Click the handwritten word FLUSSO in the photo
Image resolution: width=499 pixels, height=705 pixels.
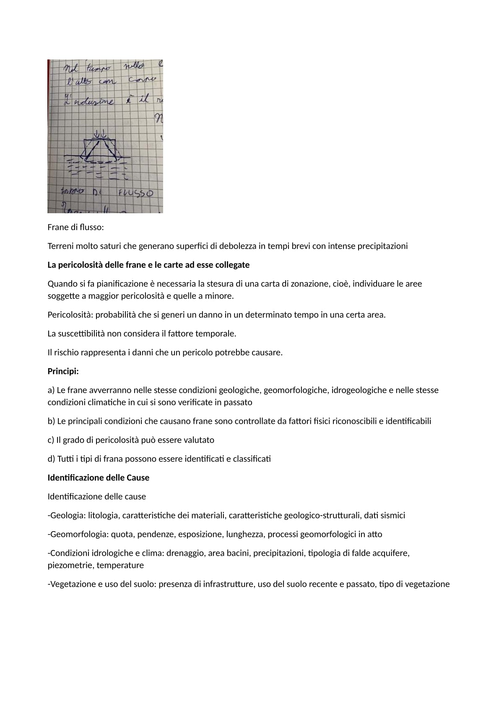pos(135,194)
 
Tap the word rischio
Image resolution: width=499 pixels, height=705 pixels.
pos(67,352)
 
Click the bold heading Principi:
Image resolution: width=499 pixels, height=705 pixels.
pos(63,371)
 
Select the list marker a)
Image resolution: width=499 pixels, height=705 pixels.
pos(51,390)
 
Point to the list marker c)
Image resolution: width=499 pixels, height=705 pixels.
pos(51,440)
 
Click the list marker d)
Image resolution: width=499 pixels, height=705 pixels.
pos(51,459)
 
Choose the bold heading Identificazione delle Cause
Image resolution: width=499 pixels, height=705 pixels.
pos(99,478)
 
